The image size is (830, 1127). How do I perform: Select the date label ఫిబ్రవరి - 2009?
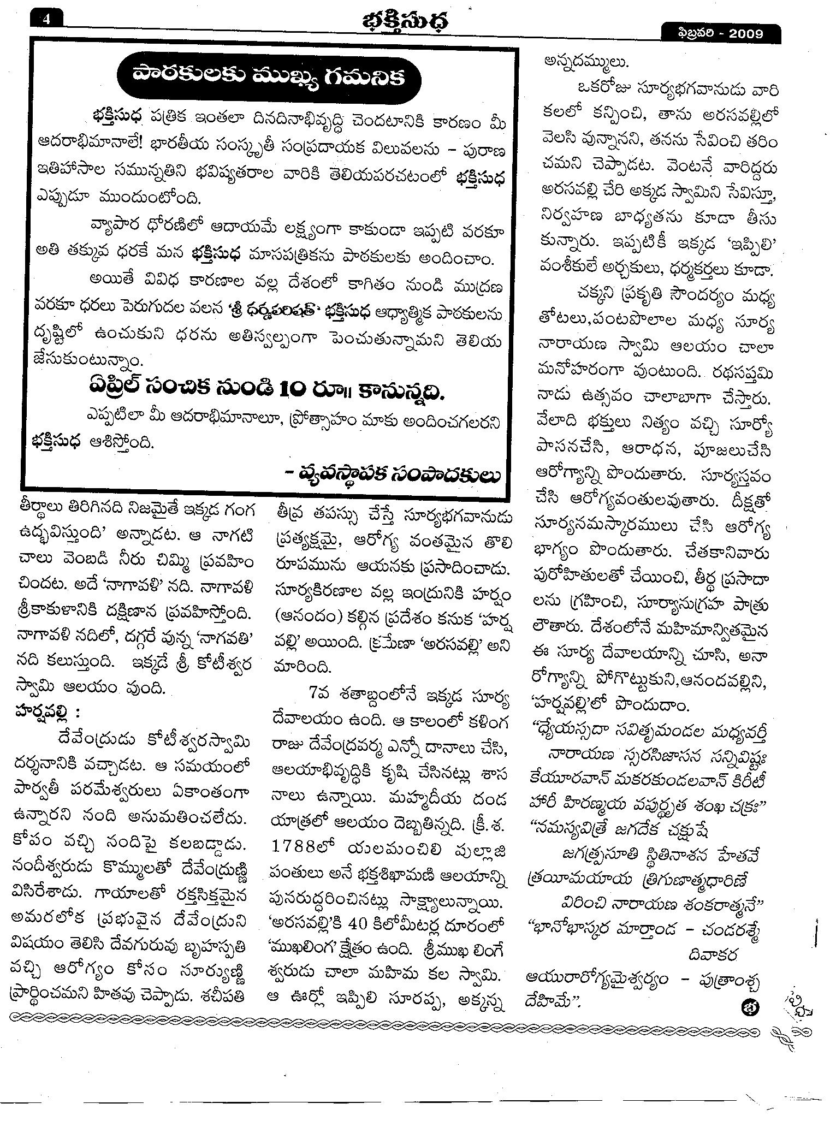pos(719,34)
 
